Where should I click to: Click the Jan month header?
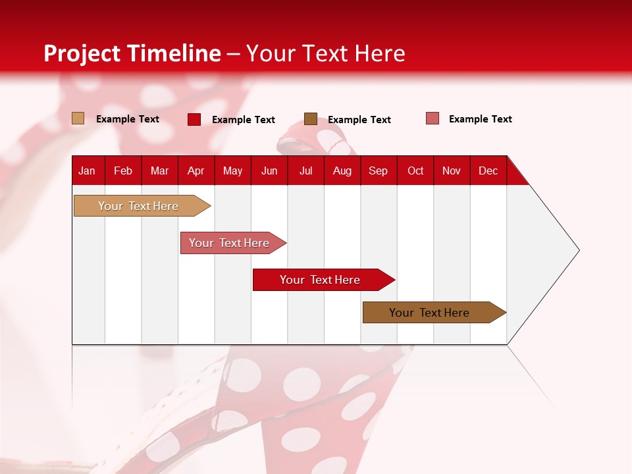[x=88, y=171]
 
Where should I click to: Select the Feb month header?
[x=123, y=171]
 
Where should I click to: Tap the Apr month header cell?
[x=196, y=171]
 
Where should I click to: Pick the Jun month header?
[x=269, y=171]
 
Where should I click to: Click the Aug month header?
[x=342, y=171]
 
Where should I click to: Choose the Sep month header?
[x=378, y=171]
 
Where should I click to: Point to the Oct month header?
[x=415, y=171]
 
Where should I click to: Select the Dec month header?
[x=488, y=171]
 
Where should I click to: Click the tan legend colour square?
[x=78, y=118]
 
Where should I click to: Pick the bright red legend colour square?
[x=194, y=119]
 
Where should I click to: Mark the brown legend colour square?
[x=311, y=118]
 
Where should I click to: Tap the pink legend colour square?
[x=433, y=118]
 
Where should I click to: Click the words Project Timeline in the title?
[x=132, y=53]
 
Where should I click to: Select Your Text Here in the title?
[x=325, y=53]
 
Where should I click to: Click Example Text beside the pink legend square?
[x=480, y=119]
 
